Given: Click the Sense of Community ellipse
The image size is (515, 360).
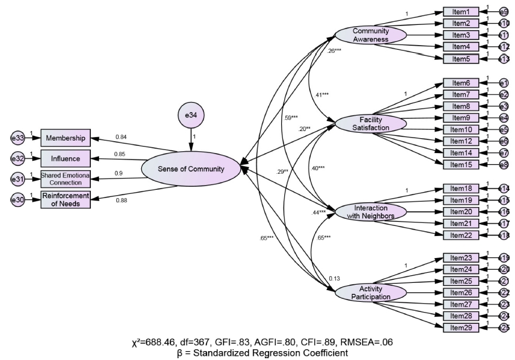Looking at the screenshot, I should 191,169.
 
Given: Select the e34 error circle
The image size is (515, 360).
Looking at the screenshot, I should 191,115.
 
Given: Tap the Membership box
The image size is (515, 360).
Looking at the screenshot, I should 65,139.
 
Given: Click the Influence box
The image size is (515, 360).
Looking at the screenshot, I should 65,159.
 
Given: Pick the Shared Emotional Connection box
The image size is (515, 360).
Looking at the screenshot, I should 65,179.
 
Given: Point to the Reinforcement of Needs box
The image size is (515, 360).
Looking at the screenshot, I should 65,200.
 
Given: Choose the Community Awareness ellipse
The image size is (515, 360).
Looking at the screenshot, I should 371,35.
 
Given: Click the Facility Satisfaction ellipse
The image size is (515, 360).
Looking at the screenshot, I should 371,123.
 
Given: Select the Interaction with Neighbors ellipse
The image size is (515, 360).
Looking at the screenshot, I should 371,212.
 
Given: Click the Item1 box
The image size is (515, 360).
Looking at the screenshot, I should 461,12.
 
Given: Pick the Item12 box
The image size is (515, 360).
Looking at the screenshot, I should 461,141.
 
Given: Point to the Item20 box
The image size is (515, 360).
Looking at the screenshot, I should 461,212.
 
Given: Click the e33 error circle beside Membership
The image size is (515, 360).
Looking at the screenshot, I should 17,139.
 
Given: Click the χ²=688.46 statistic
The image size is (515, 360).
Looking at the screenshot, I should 155,342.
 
